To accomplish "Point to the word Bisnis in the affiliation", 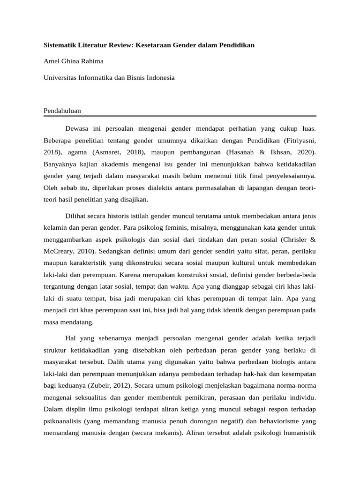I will [x=127, y=78].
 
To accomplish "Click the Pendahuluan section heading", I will [x=62, y=111].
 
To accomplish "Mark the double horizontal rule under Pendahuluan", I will [x=180, y=116].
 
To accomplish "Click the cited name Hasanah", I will [x=241, y=152].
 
